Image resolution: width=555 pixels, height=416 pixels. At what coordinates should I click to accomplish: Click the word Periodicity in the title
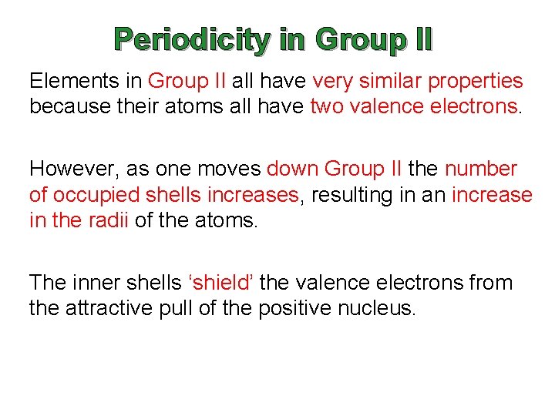pos(192,40)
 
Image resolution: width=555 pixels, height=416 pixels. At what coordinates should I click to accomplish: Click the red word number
pos(481,169)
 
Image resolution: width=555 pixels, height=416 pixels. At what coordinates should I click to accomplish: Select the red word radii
pos(107,221)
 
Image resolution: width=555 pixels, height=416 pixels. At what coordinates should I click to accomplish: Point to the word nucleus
pos(379,310)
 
